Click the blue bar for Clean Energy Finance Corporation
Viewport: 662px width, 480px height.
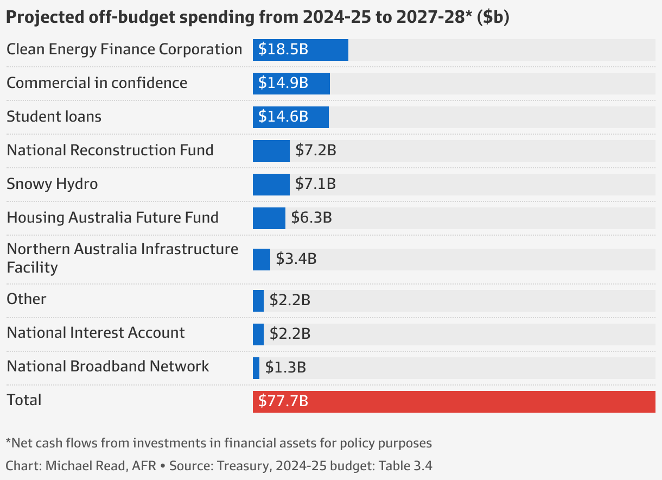(x=300, y=50)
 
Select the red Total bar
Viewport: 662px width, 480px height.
(x=454, y=402)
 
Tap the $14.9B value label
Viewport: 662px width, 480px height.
(x=283, y=83)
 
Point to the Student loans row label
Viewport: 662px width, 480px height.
(x=54, y=117)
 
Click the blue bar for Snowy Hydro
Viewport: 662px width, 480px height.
(x=271, y=185)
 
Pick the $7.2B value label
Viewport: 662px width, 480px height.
(x=316, y=150)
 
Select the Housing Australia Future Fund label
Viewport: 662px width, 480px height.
(x=112, y=218)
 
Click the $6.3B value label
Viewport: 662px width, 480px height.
(x=311, y=218)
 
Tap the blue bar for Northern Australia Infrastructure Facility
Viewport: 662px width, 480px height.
(x=261, y=260)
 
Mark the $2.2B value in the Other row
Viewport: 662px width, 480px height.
(x=290, y=300)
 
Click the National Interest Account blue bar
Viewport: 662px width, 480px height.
(x=258, y=334)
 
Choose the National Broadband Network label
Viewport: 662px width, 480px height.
(x=107, y=367)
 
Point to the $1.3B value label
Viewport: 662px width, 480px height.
(x=285, y=368)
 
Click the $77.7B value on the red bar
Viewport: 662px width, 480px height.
(x=283, y=402)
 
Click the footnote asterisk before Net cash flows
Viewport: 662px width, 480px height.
(x=8, y=441)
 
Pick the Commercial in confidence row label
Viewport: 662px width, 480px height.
(x=97, y=83)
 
